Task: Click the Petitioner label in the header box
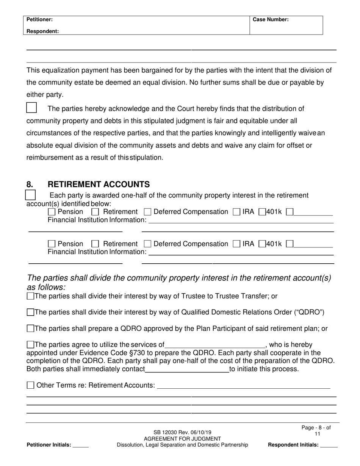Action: pyautogui.click(x=39, y=19)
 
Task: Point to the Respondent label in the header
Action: pyautogui.click(x=42, y=31)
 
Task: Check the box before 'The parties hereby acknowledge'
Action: pyautogui.click(x=31, y=108)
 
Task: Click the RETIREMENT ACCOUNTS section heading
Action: pyautogui.click(x=99, y=185)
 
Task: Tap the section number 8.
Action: pyautogui.click(x=30, y=185)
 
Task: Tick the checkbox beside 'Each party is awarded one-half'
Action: pyautogui.click(x=30, y=195)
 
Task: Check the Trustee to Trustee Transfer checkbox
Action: pyautogui.click(x=30, y=296)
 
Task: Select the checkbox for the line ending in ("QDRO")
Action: pyautogui.click(x=30, y=313)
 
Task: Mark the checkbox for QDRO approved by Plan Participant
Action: pyautogui.click(x=30, y=328)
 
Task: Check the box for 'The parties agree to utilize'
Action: pyautogui.click(x=30, y=345)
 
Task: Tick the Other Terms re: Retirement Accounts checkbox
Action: pyautogui.click(x=30, y=385)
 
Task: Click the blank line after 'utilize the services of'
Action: pyautogui.click(x=215, y=346)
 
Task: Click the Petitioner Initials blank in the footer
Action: pyautogui.click(x=80, y=446)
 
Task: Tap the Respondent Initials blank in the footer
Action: pyautogui.click(x=329, y=446)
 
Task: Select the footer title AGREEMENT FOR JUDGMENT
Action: pyautogui.click(x=183, y=439)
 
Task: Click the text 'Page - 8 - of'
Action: pyautogui.click(x=316, y=428)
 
